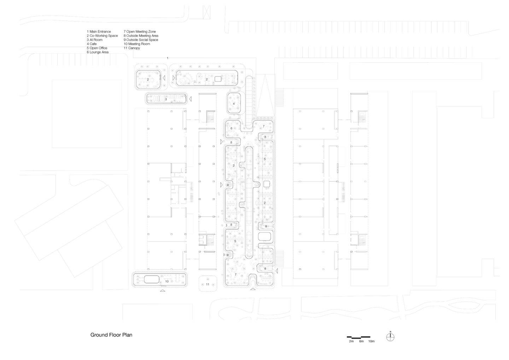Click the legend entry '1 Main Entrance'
99,32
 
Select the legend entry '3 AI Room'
94,40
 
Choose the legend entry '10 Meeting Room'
136,44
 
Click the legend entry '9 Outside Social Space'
141,40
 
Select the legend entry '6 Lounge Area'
98,52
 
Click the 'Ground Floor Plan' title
111,335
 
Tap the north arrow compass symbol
390,337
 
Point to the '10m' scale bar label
371,341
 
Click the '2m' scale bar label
351,341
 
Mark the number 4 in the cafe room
234,104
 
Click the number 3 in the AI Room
166,99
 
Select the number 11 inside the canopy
207,284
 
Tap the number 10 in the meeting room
167,281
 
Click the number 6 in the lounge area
232,128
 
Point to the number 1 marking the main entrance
168,58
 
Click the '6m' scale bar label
361,341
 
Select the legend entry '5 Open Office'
97,48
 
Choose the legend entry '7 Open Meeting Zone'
139,32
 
